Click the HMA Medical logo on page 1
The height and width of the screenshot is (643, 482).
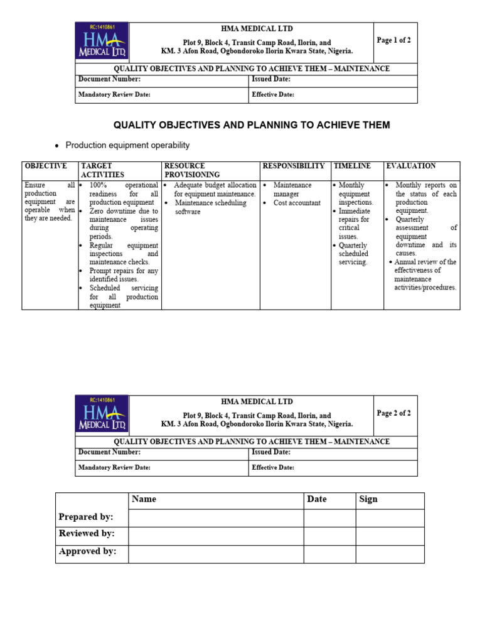click(x=102, y=41)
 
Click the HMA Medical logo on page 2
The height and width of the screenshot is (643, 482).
click(x=102, y=414)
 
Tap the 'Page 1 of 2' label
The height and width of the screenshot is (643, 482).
click(x=394, y=40)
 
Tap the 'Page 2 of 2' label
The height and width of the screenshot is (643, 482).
click(x=394, y=413)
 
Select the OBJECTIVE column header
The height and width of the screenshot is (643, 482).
click(x=45, y=166)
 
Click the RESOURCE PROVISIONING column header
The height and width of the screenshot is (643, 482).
click(x=192, y=170)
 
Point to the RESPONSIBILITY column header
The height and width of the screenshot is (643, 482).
click(x=294, y=166)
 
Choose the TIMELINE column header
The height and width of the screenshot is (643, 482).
click(x=352, y=166)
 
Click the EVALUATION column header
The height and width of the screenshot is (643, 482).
click(x=411, y=166)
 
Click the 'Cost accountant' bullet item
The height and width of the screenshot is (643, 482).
click(x=297, y=203)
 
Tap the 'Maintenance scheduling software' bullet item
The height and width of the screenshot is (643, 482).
click(x=210, y=207)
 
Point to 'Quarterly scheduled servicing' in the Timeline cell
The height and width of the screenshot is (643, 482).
click(x=353, y=254)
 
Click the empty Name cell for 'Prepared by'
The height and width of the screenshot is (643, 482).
click(x=216, y=517)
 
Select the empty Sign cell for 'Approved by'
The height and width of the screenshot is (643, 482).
click(x=390, y=553)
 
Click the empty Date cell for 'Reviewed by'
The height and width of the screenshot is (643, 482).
click(x=329, y=536)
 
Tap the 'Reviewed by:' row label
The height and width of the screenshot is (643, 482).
click(x=87, y=533)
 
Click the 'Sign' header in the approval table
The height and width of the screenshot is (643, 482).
click(x=368, y=499)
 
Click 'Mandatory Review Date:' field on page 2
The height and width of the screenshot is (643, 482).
click(x=114, y=468)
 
